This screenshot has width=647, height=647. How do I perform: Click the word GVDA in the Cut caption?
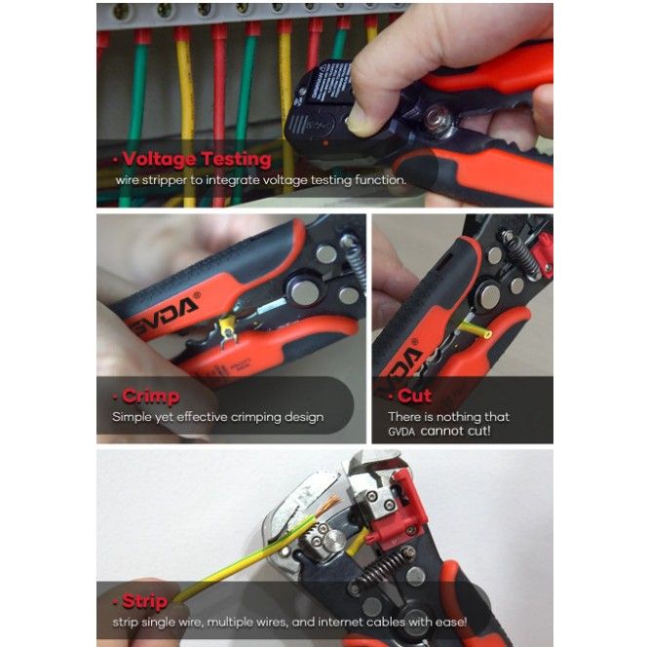(x=401, y=432)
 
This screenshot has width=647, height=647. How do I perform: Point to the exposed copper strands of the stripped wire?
(x=327, y=506)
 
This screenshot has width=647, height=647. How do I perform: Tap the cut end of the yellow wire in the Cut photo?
(x=488, y=334)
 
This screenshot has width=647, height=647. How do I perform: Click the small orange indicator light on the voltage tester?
(x=325, y=143)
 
